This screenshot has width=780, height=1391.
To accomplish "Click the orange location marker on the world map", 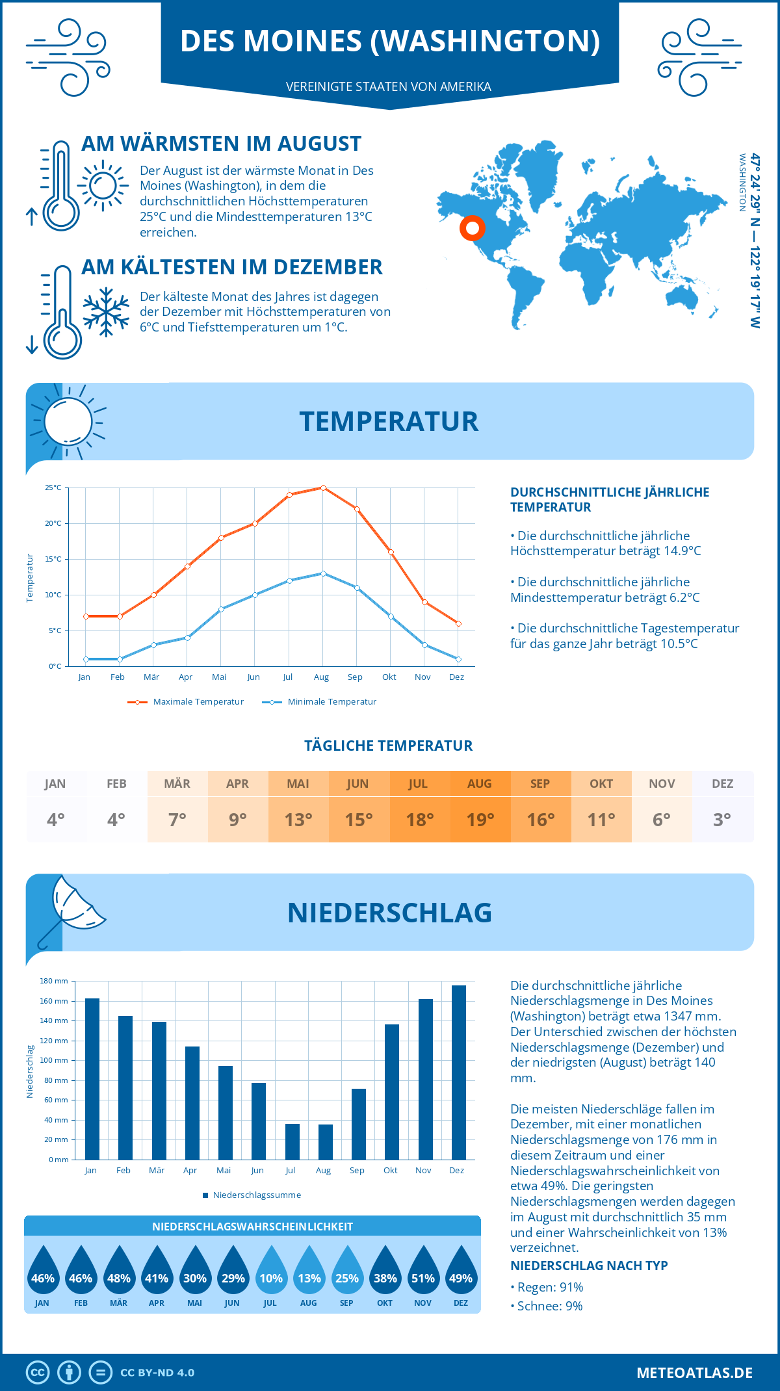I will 473,227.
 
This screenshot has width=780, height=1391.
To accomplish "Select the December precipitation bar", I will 459,1072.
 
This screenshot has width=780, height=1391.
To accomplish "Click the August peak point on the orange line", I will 323,487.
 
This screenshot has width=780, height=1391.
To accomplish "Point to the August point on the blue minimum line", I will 323,573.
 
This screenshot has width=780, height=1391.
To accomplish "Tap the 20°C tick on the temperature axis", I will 53,523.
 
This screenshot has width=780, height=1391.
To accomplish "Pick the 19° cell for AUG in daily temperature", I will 480,820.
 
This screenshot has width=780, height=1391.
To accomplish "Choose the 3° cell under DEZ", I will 722,820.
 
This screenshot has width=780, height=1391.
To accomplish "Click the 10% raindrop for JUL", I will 271,1273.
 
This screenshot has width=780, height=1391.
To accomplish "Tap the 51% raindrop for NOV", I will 423,1273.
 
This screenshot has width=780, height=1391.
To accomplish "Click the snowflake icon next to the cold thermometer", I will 106,312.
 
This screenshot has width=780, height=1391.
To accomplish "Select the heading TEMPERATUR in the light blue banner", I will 389,422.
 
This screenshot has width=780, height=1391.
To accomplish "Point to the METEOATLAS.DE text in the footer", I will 694,1373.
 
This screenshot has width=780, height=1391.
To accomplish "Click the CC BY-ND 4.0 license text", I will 157,1373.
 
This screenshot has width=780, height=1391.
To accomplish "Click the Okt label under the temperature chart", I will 389,677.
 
